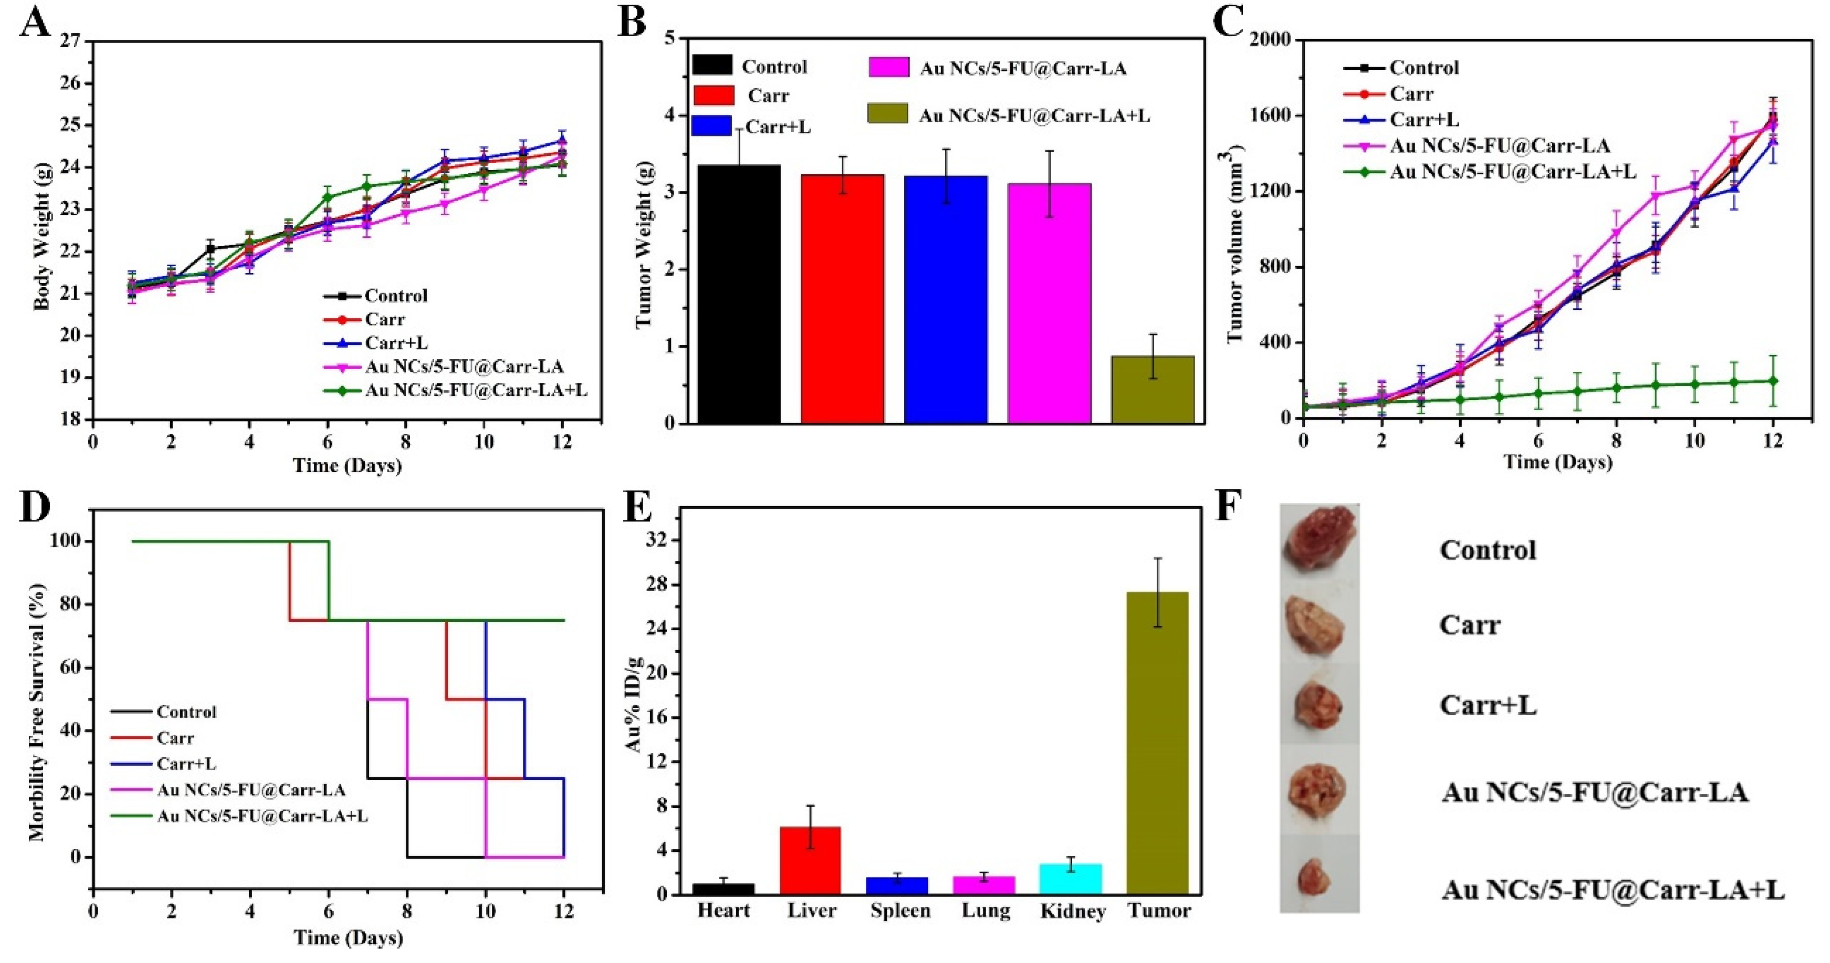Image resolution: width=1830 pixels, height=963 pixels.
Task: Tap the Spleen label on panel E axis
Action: [x=900, y=910]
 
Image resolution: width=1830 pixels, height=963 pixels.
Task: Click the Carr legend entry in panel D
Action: [x=175, y=738]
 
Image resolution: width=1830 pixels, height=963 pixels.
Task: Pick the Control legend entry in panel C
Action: [x=1424, y=68]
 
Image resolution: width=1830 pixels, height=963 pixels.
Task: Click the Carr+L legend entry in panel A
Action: [x=396, y=343]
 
